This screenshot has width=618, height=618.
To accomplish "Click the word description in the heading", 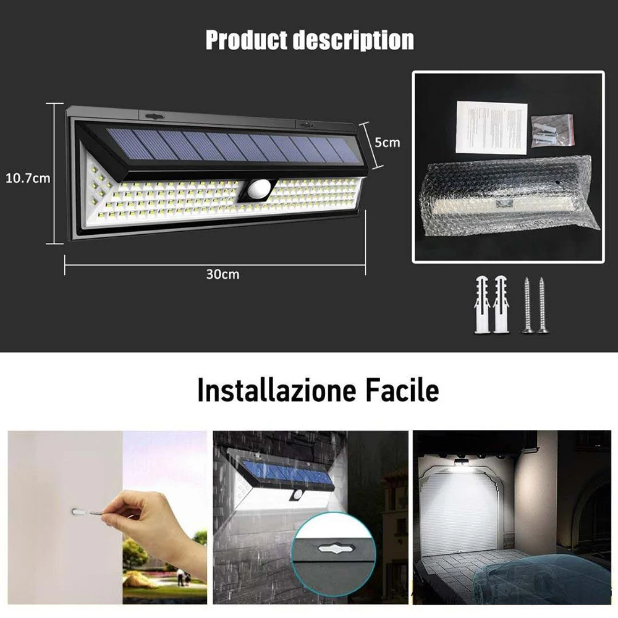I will coord(353,40).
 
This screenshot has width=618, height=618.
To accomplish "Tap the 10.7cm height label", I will coord(28,179).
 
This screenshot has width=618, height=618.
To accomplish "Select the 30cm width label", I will coord(222,274).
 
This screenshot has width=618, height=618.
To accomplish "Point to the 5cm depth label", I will coord(387,142).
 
